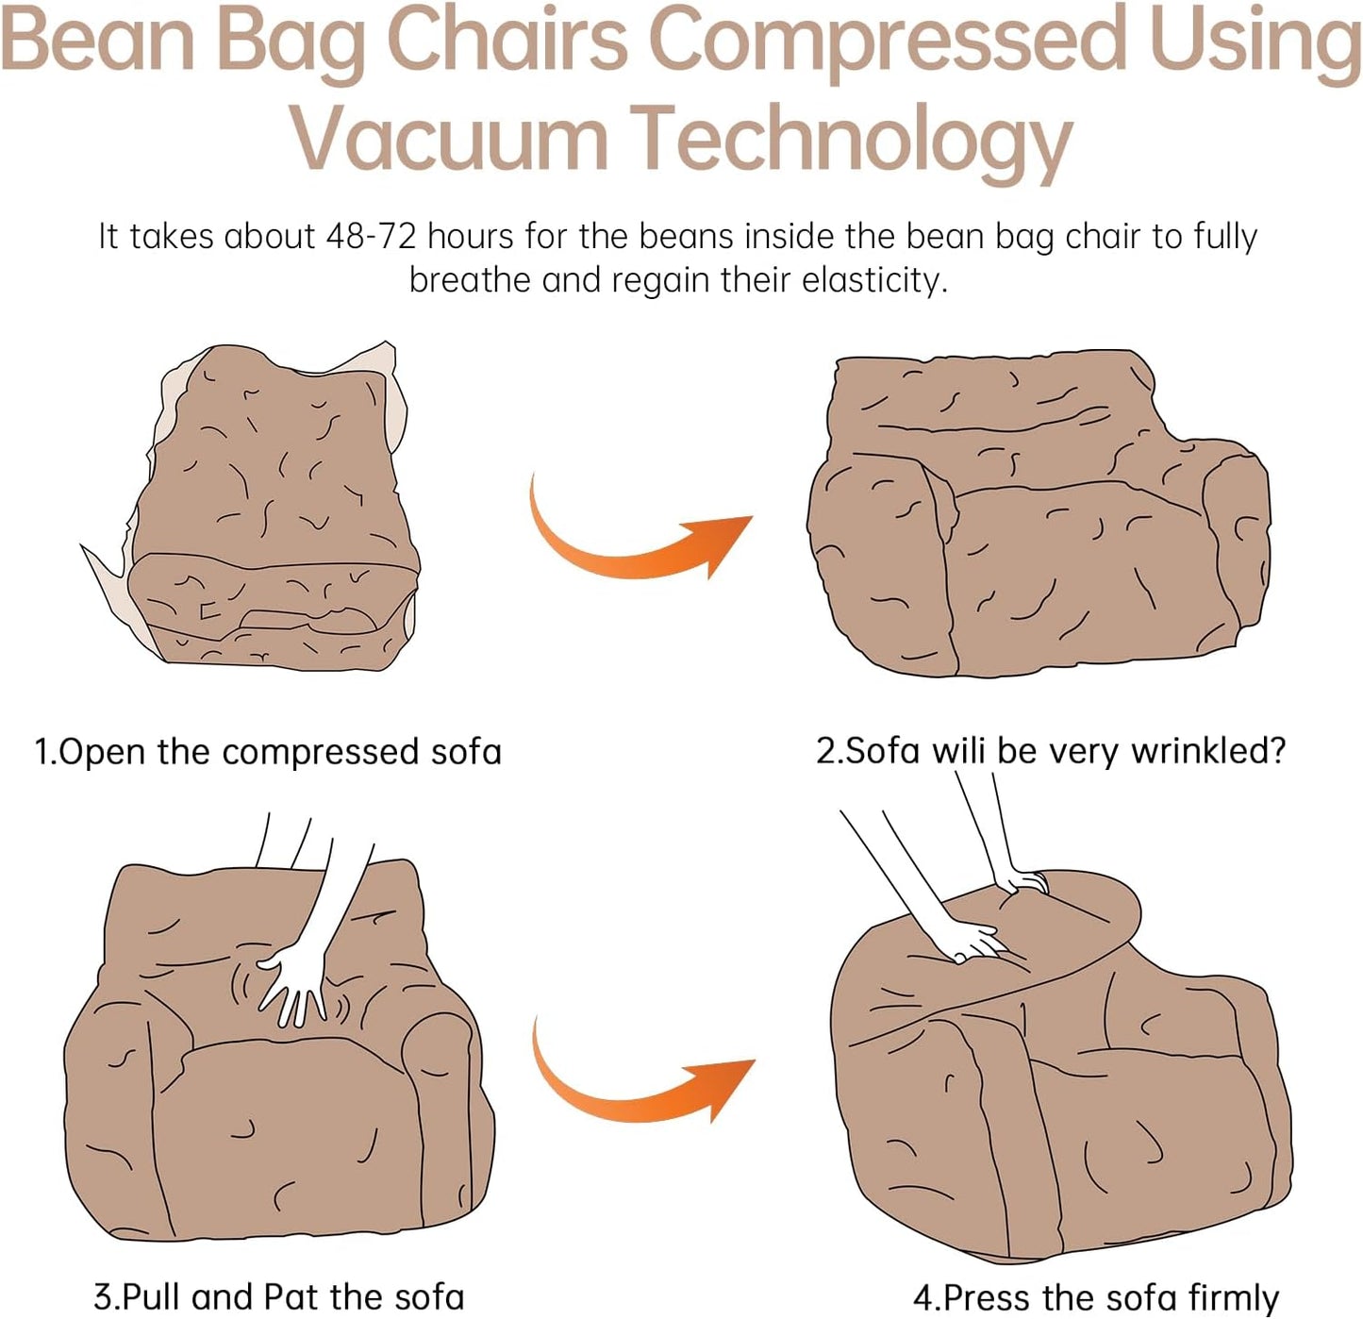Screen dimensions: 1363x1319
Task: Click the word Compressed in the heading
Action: (x=889, y=43)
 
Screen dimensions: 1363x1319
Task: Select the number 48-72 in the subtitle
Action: (x=371, y=236)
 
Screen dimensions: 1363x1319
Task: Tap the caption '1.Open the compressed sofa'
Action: (x=268, y=752)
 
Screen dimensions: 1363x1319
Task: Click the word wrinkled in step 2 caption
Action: (x=1209, y=752)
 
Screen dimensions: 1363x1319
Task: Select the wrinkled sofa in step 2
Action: (x=1037, y=515)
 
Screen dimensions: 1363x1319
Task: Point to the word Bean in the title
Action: (x=98, y=40)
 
